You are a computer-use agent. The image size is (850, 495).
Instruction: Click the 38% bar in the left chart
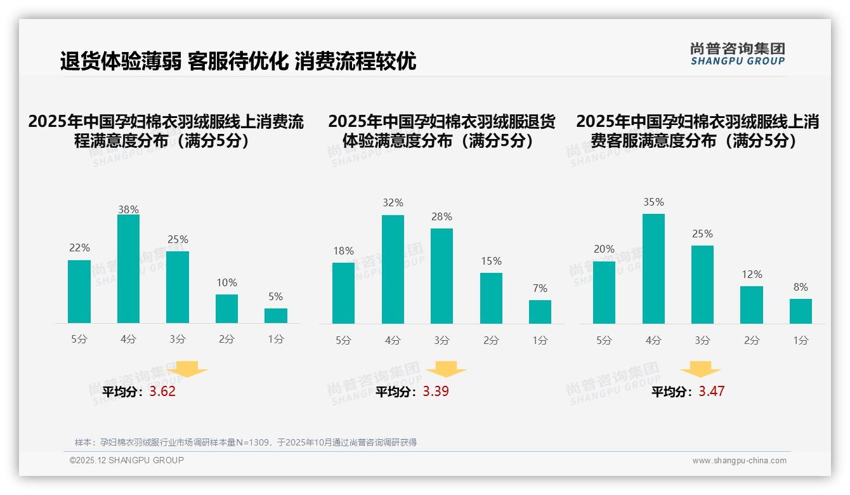tap(128, 269)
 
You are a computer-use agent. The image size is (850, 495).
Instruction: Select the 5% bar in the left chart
tap(276, 315)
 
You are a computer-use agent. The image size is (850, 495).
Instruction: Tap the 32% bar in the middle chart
tap(393, 269)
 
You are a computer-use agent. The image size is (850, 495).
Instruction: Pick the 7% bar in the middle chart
tap(540, 312)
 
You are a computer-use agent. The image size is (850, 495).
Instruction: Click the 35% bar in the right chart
tap(653, 268)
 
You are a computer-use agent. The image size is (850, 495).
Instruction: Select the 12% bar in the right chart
tap(752, 305)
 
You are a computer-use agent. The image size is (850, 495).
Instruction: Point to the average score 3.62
tap(162, 392)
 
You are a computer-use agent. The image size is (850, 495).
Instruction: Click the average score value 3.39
tap(436, 392)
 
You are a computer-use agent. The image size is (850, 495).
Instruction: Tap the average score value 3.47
tap(711, 392)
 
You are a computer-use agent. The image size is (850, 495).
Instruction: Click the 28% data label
tap(441, 217)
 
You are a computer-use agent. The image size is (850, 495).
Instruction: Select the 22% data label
tap(79, 248)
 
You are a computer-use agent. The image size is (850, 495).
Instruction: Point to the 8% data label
tap(801, 287)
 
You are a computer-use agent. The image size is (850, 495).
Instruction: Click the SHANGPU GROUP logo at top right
tap(737, 54)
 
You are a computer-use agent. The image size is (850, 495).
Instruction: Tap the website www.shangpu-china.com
tap(739, 461)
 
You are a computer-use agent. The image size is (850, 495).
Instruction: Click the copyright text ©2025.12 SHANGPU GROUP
tap(127, 460)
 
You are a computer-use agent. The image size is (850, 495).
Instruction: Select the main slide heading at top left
tap(238, 62)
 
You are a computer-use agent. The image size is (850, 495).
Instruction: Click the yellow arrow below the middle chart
tap(446, 369)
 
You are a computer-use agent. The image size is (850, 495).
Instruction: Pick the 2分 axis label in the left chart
tap(226, 340)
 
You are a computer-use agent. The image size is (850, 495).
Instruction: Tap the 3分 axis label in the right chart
tap(702, 341)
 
